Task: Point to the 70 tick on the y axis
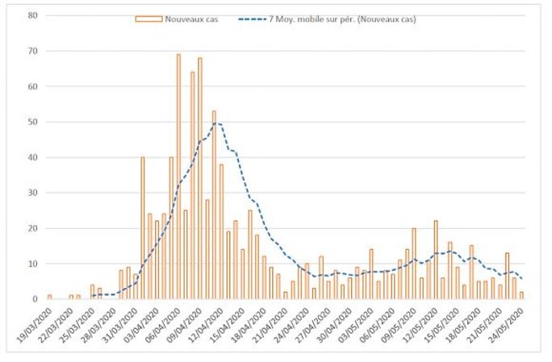[x=32, y=51]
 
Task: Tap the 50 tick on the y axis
[x=32, y=122]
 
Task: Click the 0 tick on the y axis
[x=35, y=299]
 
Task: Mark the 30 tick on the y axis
[x=32, y=193]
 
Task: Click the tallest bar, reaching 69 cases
[x=178, y=177]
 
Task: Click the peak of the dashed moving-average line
[x=215, y=123]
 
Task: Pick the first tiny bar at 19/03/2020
[x=49, y=297]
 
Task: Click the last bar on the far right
[x=521, y=295]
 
